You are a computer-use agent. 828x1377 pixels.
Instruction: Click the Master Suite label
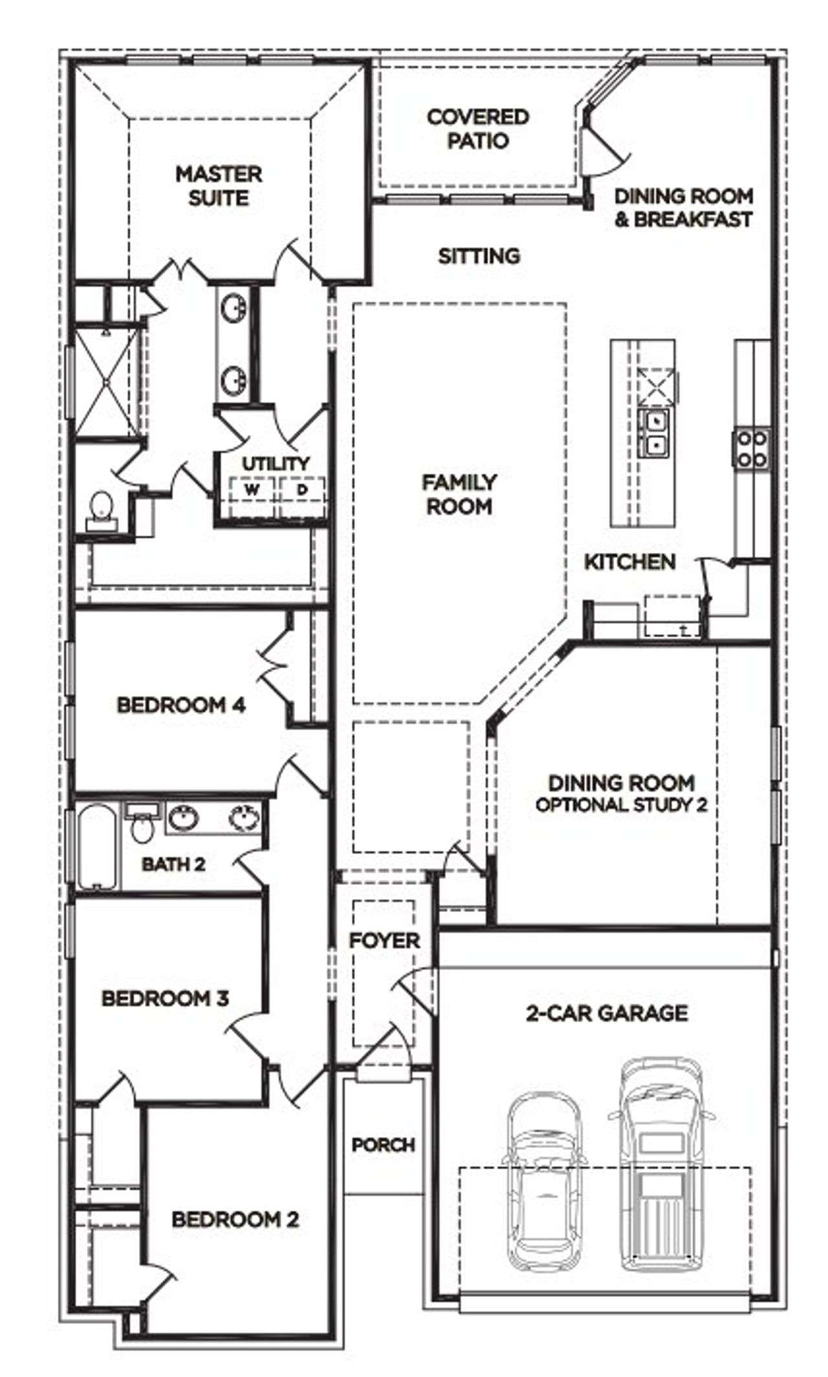coord(219,186)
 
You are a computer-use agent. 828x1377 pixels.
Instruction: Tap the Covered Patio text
coord(477,129)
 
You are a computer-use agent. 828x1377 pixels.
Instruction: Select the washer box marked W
coord(252,490)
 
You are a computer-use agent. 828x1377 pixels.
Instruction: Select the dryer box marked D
coord(301,490)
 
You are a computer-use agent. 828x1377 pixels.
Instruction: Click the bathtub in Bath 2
coord(98,847)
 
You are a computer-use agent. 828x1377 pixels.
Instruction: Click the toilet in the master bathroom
coord(100,508)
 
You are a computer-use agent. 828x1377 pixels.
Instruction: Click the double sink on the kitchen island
coord(655,431)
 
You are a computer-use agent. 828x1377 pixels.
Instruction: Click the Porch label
coord(383,1145)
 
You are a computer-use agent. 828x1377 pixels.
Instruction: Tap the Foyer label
coord(384,940)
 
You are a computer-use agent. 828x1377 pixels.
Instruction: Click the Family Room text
coord(459,494)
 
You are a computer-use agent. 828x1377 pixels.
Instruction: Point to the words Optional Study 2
coord(621,805)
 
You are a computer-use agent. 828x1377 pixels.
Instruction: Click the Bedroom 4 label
coord(180,704)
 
